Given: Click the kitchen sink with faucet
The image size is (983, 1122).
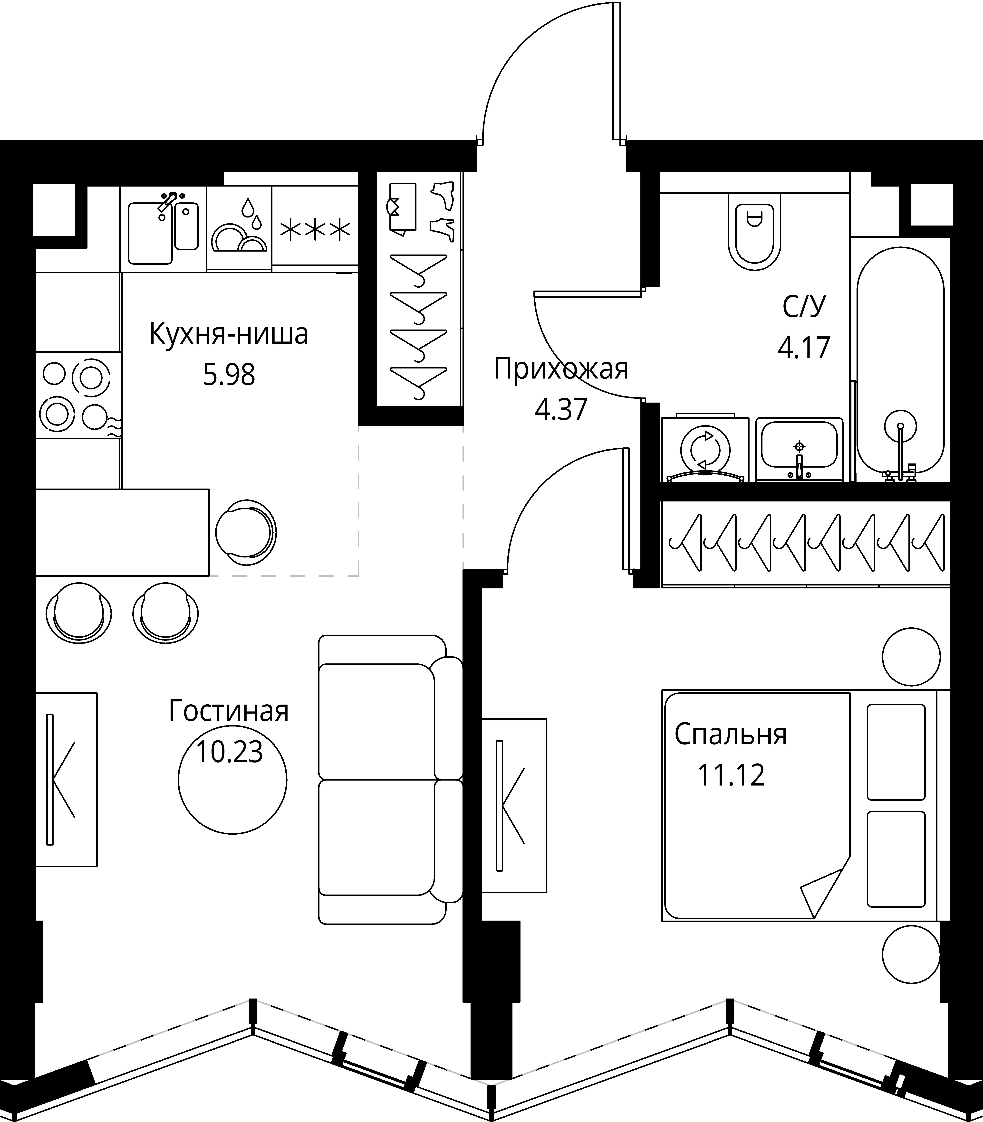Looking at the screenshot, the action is (x=164, y=229).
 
